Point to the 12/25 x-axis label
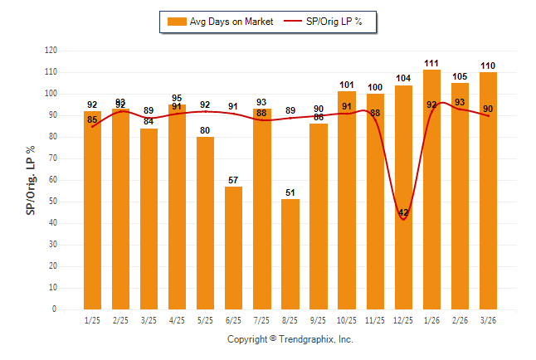tap(403, 319)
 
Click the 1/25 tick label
tap(92, 319)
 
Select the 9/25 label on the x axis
tap(319, 319)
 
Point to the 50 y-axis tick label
tap(52, 202)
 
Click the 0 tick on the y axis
tap(55, 309)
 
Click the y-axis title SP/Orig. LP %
tap(31, 180)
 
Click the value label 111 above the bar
tap(431, 63)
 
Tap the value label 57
tap(233, 180)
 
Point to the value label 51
tap(290, 193)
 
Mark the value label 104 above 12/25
tap(403, 78)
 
